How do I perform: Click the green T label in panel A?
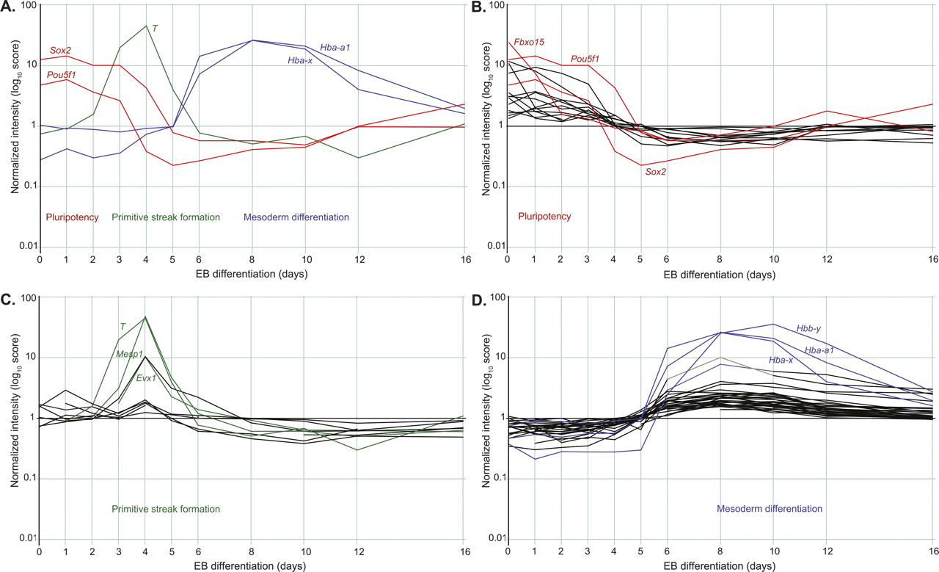coord(155,29)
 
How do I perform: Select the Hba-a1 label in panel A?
coord(336,48)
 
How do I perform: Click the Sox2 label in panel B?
coord(656,171)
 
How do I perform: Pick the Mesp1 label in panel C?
coord(130,353)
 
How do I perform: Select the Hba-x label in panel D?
coord(781,360)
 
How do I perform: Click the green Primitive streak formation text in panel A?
coord(167,217)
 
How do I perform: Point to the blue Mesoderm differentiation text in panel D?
coord(769,508)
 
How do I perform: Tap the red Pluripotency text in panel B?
coord(544,217)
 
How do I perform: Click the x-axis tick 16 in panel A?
coord(464,259)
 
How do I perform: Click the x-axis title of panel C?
coord(252,565)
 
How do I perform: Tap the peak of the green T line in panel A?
coord(147,26)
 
